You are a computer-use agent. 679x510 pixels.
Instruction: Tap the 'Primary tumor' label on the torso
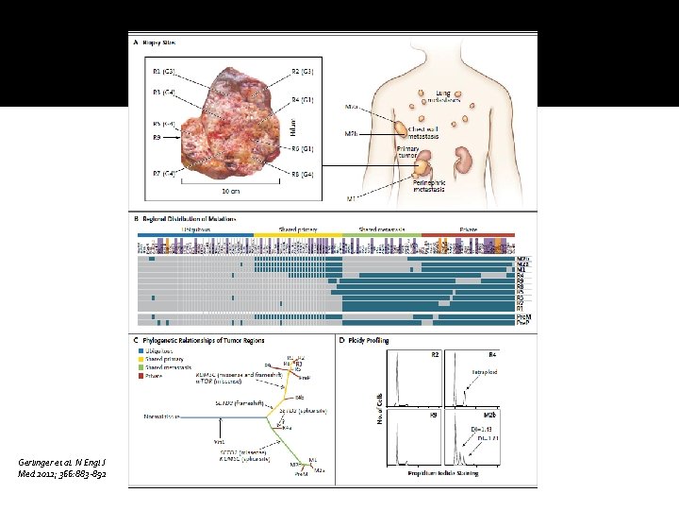click(409, 152)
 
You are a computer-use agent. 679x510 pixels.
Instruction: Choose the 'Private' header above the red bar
click(469, 229)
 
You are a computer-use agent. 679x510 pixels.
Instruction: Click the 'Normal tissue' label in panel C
click(161, 416)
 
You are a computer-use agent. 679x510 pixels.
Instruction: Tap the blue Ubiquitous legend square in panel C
click(141, 349)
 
